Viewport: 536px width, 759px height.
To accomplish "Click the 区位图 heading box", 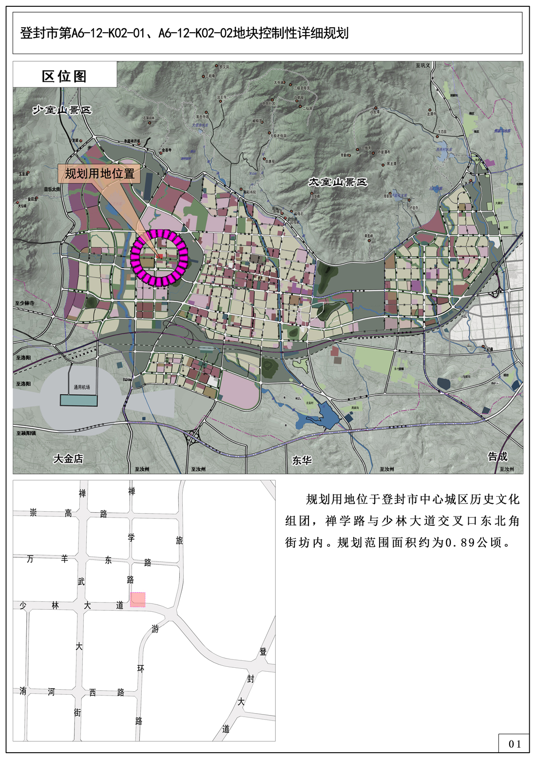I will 64,76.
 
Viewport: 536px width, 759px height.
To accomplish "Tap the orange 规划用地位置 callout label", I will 99,174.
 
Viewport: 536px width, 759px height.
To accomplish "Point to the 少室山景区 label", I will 62,110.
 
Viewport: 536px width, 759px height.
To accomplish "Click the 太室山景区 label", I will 337,182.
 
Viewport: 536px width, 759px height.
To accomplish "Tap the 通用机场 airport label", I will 82,387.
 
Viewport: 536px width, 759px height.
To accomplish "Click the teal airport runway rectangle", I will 79,400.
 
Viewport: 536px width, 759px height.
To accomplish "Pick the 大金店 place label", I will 68,459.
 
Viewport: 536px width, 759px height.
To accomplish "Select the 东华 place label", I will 302,460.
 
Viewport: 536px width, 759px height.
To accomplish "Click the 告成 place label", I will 498,457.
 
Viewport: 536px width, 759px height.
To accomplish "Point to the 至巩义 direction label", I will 423,65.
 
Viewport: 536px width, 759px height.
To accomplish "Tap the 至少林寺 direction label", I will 24,303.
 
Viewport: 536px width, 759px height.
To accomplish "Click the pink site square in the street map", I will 138,599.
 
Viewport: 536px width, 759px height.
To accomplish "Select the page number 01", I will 515,743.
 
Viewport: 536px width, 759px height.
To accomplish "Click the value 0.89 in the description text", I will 459,542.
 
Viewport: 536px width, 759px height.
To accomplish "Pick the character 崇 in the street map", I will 33,512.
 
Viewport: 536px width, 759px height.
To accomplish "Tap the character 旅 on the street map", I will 179,540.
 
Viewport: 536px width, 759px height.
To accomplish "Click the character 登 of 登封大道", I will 263,652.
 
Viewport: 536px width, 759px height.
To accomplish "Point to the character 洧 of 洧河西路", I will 23,691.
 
